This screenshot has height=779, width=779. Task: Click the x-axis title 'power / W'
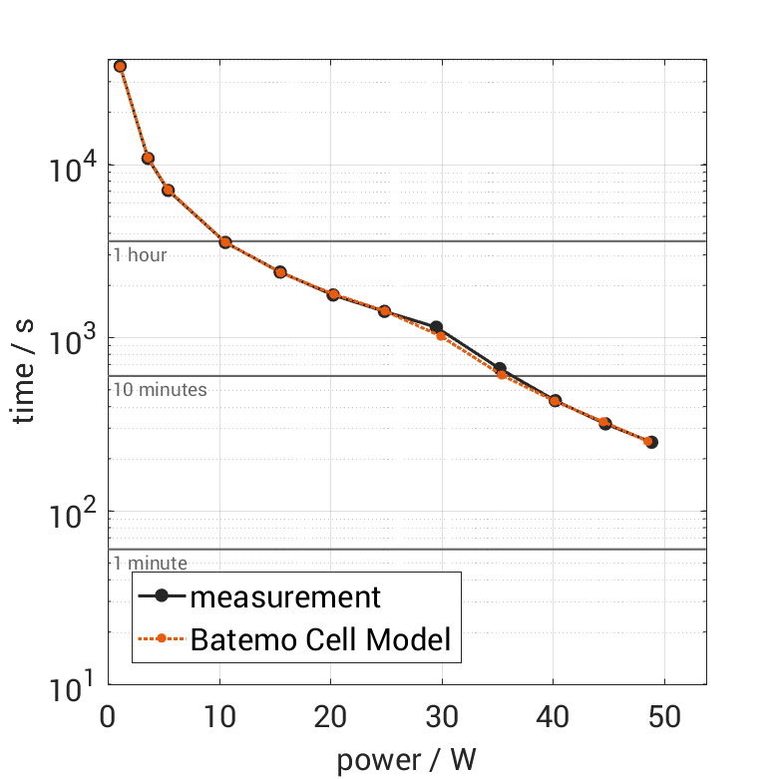[406, 760]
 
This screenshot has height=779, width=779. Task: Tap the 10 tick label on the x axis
[219, 718]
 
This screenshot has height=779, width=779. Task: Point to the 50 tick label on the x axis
[663, 718]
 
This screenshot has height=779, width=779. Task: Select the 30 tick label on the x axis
[441, 718]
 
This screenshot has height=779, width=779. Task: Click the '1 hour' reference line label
[140, 254]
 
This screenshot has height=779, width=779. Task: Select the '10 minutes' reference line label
[160, 389]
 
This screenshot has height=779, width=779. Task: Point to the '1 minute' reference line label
[150, 564]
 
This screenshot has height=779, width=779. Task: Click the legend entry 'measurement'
[285, 597]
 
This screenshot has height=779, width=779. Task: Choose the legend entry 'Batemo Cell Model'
[321, 639]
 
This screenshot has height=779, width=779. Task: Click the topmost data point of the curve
[121, 66]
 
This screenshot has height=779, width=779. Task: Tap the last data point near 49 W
[650, 442]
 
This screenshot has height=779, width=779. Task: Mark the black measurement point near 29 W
[436, 327]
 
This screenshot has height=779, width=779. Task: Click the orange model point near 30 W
[441, 335]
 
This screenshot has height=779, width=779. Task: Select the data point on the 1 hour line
[225, 242]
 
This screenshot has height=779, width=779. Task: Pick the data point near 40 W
[555, 401]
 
